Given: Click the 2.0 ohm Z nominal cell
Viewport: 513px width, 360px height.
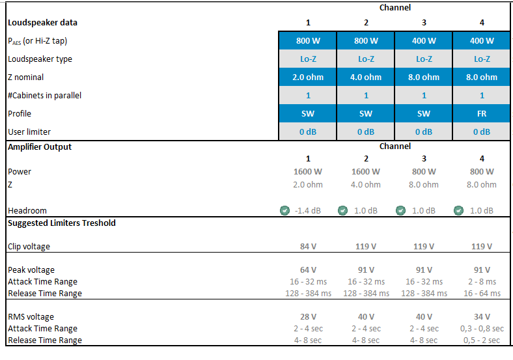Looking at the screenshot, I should point(308,77).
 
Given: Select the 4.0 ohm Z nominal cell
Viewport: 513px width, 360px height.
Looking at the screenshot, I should point(366,77).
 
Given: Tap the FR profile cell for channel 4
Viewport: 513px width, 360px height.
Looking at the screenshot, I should point(482,113).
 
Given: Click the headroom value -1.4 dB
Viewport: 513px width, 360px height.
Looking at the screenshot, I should point(308,210).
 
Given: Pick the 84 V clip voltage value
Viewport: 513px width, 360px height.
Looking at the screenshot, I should point(308,247).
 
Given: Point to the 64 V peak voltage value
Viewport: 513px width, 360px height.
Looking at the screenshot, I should point(308,270).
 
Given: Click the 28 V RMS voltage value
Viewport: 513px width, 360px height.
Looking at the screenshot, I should point(308,316).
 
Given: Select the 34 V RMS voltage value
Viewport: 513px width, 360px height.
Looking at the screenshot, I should point(482,316).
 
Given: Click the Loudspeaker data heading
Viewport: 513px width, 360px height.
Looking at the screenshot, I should point(42,22).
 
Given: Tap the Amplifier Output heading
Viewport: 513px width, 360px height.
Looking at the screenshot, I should point(40,146).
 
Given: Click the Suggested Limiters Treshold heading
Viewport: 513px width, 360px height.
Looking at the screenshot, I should point(62,223).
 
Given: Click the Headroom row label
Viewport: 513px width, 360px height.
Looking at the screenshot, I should point(27,210).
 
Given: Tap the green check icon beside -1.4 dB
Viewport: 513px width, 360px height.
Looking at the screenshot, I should point(284,210).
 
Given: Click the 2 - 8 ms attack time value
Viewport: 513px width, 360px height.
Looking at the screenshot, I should point(482,281).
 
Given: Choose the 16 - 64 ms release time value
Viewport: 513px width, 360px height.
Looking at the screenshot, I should point(482,293).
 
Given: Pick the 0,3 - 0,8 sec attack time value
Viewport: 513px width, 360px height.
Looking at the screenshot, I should point(482,328).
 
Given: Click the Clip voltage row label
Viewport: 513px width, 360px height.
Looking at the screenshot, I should point(29,247).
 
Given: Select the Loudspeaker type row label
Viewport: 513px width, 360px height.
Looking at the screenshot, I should point(40,59).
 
